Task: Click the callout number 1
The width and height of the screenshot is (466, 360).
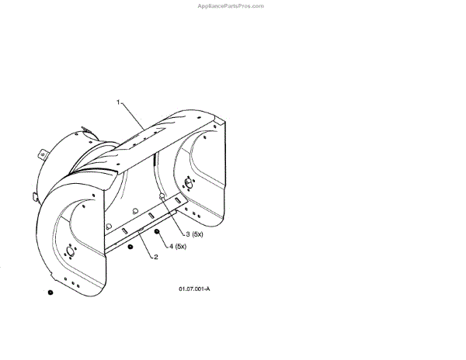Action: (x=118, y=102)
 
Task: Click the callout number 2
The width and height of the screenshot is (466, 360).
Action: (x=155, y=256)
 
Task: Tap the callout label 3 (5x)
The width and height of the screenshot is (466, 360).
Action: (x=193, y=234)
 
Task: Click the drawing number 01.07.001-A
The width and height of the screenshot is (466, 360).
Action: (x=193, y=289)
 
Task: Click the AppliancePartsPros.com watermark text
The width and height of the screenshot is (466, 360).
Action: (x=231, y=5)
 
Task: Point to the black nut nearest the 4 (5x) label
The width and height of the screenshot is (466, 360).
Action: (x=158, y=232)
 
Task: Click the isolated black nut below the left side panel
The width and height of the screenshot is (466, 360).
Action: (x=50, y=292)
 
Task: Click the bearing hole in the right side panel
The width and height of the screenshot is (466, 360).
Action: (x=187, y=183)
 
